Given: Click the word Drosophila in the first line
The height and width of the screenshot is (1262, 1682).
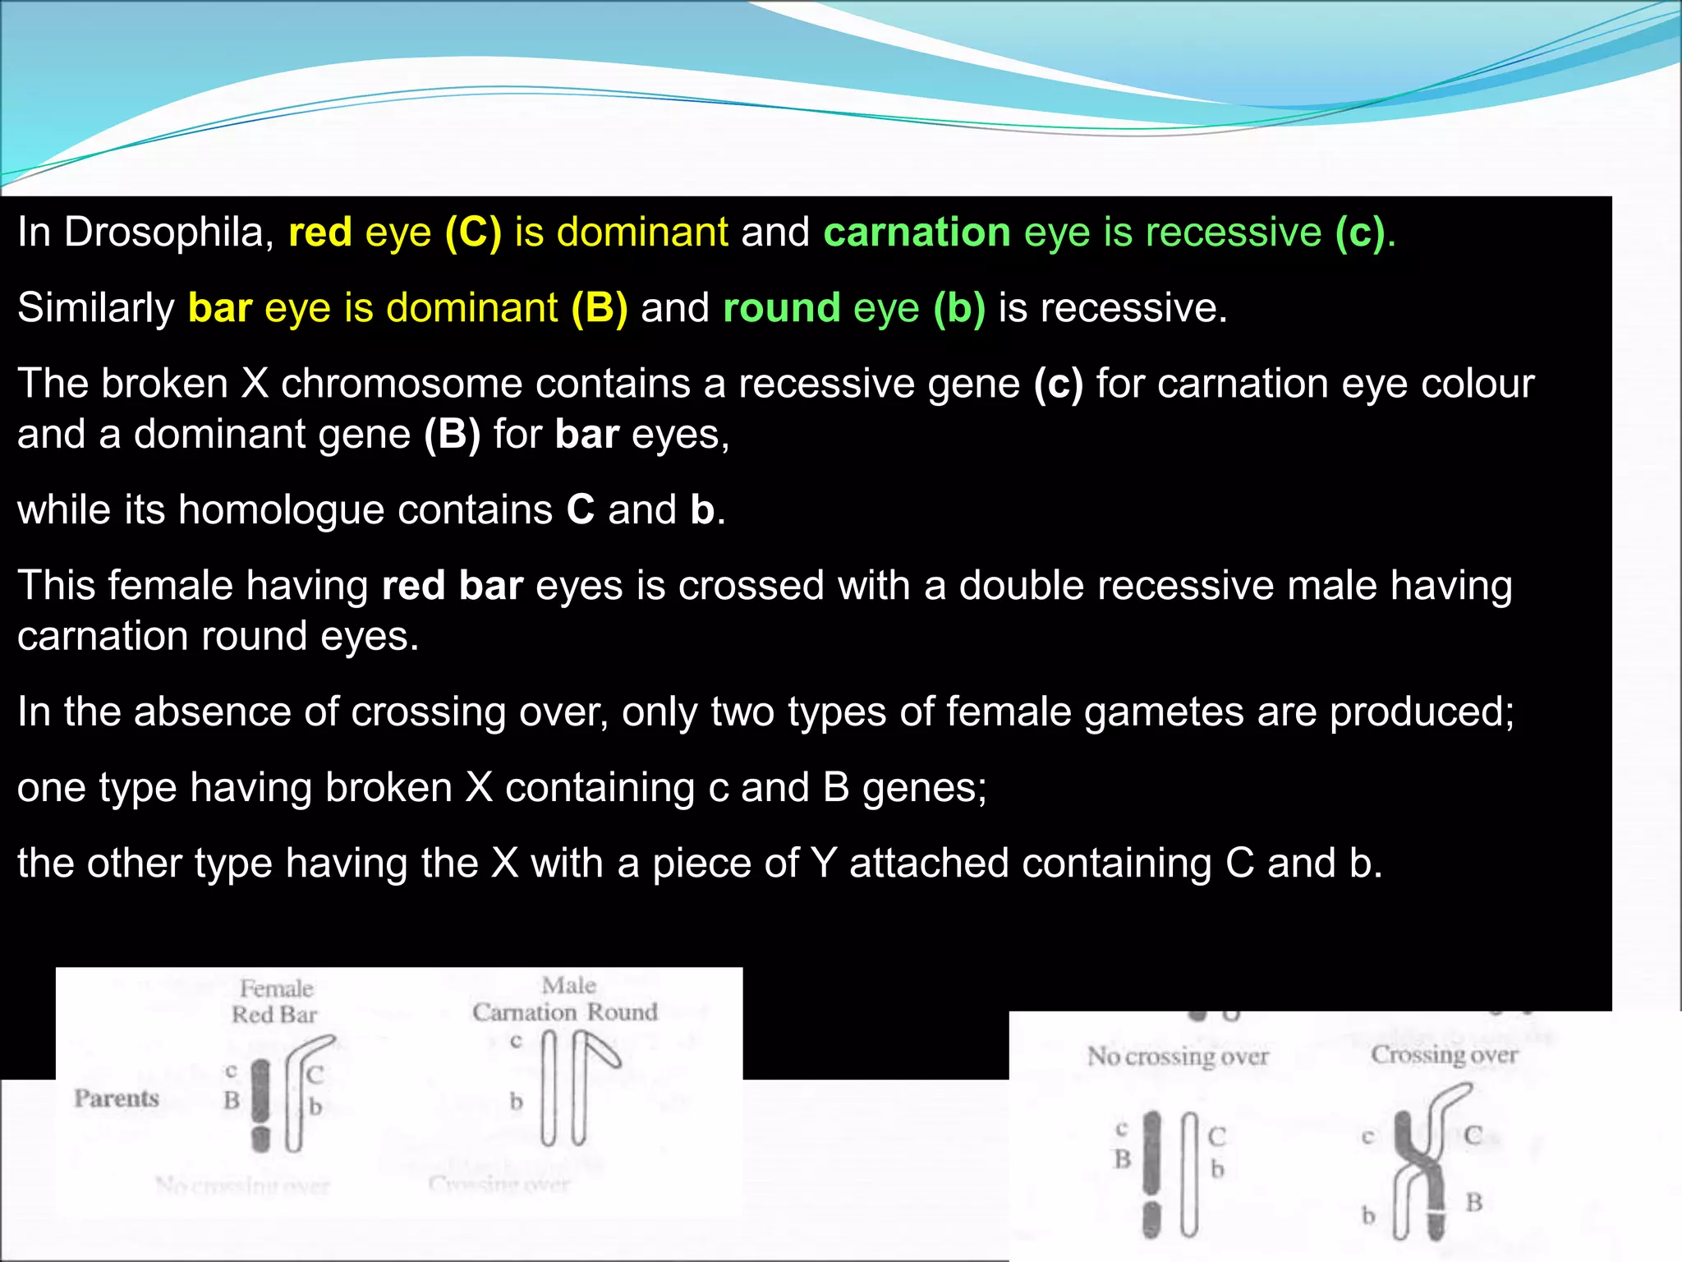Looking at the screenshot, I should click(x=168, y=233).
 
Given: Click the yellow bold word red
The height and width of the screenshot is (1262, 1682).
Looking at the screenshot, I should click(x=320, y=233).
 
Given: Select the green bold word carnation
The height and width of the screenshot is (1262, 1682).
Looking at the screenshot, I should click(x=917, y=233).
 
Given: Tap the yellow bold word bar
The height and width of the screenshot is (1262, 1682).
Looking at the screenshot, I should click(x=219, y=308).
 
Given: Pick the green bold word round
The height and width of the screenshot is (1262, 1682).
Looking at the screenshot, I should click(x=781, y=308).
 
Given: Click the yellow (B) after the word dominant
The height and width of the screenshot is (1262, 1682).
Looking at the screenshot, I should click(x=600, y=308).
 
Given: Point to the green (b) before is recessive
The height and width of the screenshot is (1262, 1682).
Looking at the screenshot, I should click(x=958, y=308).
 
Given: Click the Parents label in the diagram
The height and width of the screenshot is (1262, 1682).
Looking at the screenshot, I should click(x=117, y=1098).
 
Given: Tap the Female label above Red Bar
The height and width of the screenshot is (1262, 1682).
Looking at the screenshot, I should click(x=276, y=988).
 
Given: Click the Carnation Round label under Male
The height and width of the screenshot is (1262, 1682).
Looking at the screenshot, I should click(x=565, y=1012).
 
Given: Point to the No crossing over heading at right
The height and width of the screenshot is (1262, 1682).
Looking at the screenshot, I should click(x=1178, y=1056).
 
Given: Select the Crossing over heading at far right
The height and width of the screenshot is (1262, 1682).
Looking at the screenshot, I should click(x=1444, y=1054).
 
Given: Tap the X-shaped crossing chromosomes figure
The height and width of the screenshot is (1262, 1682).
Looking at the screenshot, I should click(x=1425, y=1163).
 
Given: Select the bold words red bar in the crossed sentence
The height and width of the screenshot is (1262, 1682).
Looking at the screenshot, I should click(x=453, y=586).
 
